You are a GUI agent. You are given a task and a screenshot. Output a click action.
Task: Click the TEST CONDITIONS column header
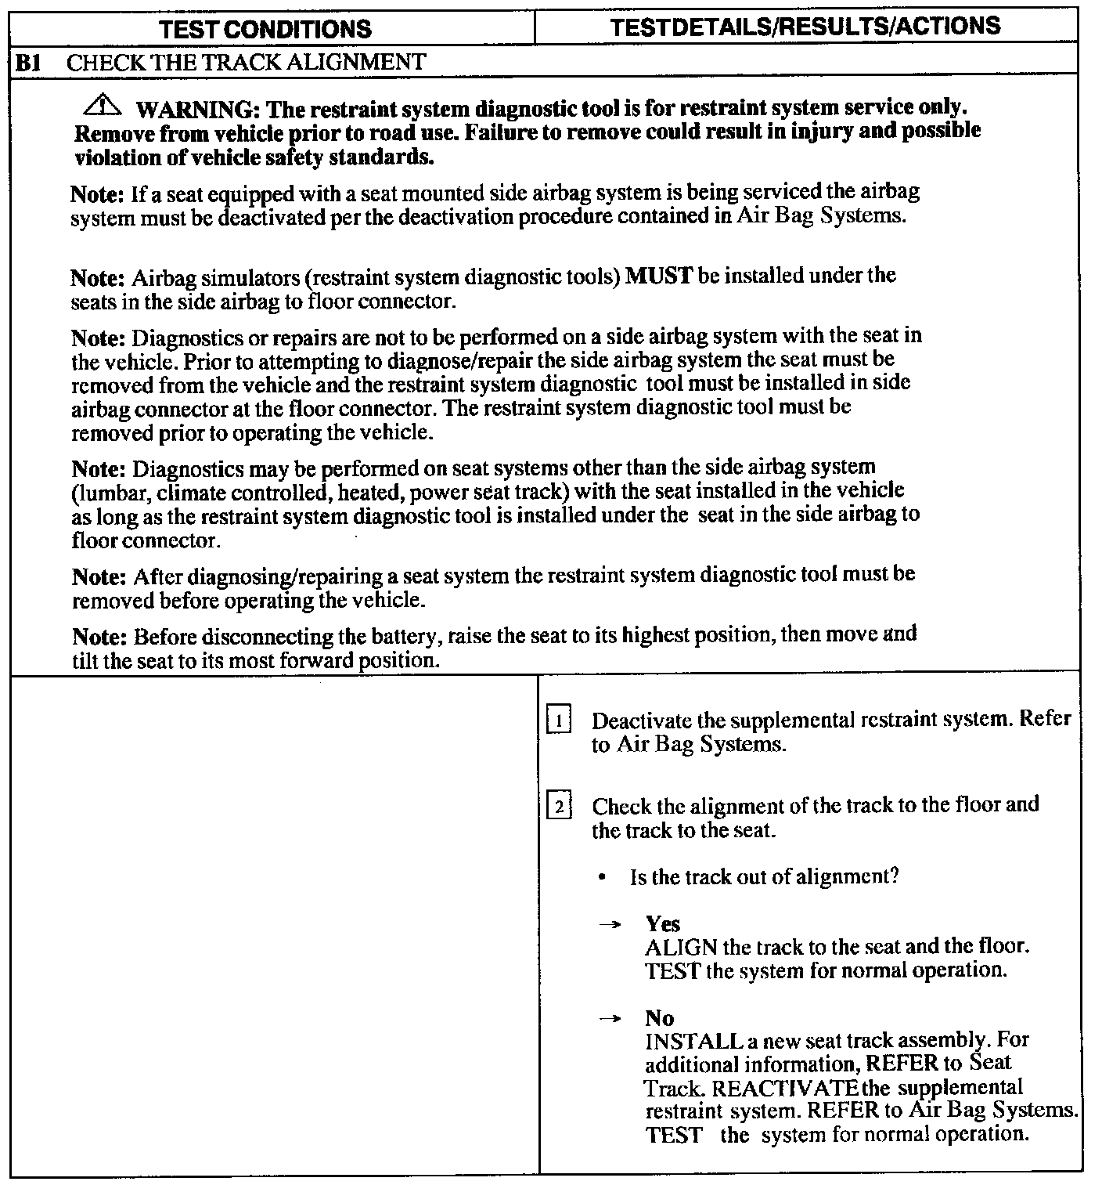pyautogui.click(x=265, y=30)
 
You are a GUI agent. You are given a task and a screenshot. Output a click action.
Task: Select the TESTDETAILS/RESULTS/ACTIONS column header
pyautogui.click(x=805, y=26)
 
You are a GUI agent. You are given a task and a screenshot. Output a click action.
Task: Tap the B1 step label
pyautogui.click(x=28, y=63)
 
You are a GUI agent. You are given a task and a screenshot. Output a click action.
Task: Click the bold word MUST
pyautogui.click(x=659, y=276)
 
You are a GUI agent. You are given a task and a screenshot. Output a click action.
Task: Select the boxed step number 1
pyautogui.click(x=559, y=719)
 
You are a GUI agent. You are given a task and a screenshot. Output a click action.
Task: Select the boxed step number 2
pyautogui.click(x=559, y=806)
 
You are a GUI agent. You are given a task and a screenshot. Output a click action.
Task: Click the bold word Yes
pyautogui.click(x=662, y=924)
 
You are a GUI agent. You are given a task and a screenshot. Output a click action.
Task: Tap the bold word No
pyautogui.click(x=659, y=1018)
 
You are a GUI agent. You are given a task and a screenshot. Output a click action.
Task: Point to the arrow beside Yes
pyautogui.click(x=609, y=925)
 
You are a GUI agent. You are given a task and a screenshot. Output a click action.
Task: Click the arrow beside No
pyautogui.click(x=609, y=1019)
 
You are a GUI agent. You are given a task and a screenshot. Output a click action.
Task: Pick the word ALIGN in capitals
pyautogui.click(x=681, y=948)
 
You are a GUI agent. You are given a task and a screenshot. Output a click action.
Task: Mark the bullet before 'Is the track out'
pyautogui.click(x=601, y=878)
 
